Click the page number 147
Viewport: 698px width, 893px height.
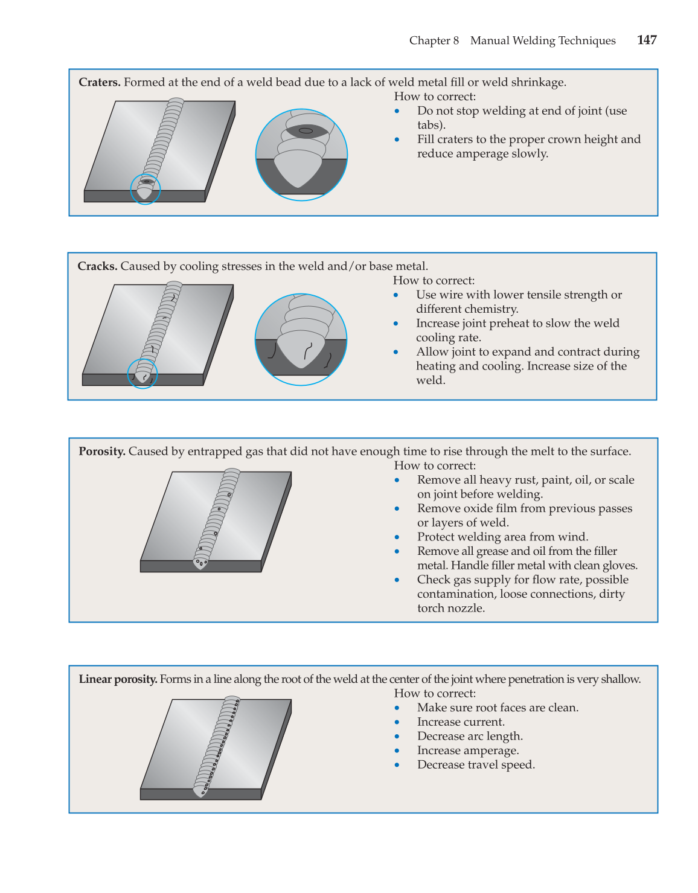pyautogui.click(x=647, y=40)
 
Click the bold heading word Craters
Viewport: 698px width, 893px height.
pyautogui.click(x=100, y=82)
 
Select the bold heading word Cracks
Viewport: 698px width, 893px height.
pyautogui.click(x=97, y=266)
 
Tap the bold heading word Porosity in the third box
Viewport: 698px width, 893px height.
pyautogui.click(x=101, y=452)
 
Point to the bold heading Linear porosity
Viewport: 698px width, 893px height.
pyautogui.click(x=118, y=679)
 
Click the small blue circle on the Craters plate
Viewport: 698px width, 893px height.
pyautogui.click(x=146, y=189)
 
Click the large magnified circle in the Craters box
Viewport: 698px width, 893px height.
pyautogui.click(x=301, y=155)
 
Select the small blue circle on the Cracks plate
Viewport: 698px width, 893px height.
pyautogui.click(x=142, y=374)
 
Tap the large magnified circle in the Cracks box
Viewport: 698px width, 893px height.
pyautogui.click(x=301, y=339)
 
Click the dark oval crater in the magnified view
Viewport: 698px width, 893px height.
pyautogui.click(x=306, y=130)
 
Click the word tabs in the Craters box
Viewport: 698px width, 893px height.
pyautogui.click(x=430, y=125)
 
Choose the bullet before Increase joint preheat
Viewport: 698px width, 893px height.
pyautogui.click(x=396, y=324)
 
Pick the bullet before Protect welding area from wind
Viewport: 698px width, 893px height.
pyautogui.click(x=397, y=537)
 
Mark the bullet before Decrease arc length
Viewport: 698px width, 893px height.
pyautogui.click(x=397, y=737)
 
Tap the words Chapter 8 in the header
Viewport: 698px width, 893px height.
pyautogui.click(x=434, y=40)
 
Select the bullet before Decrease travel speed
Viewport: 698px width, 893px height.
pyautogui.click(x=397, y=765)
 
